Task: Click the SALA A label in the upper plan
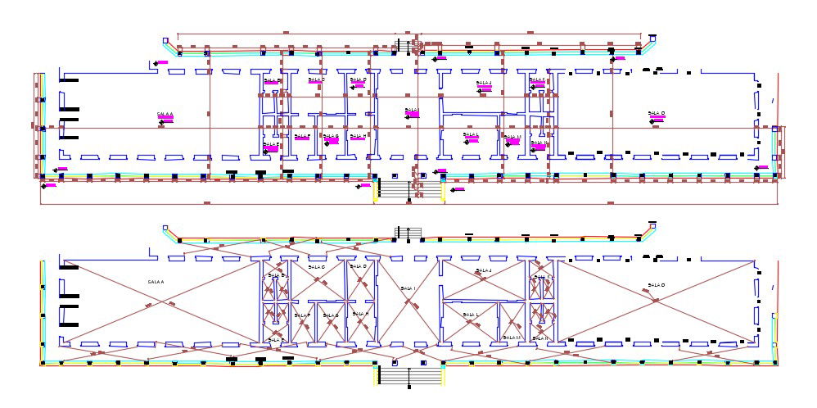tap(165, 114)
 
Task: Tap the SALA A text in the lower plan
tap(156, 282)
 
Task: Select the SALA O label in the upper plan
tap(656, 114)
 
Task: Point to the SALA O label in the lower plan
tap(655, 285)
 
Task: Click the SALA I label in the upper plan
tap(412, 110)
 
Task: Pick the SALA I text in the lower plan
tap(408, 288)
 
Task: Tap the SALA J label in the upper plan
tap(485, 83)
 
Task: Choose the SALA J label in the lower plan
tap(483, 270)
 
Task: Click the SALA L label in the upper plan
tap(471, 134)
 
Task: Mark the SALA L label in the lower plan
tap(472, 314)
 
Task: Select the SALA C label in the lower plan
tap(317, 267)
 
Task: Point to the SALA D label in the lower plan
tap(359, 266)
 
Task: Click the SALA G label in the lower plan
tap(331, 315)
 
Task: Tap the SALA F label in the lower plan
tap(302, 315)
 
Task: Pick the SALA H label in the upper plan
tap(359, 136)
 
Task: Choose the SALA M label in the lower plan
tap(513, 337)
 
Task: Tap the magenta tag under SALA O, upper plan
tap(657, 119)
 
